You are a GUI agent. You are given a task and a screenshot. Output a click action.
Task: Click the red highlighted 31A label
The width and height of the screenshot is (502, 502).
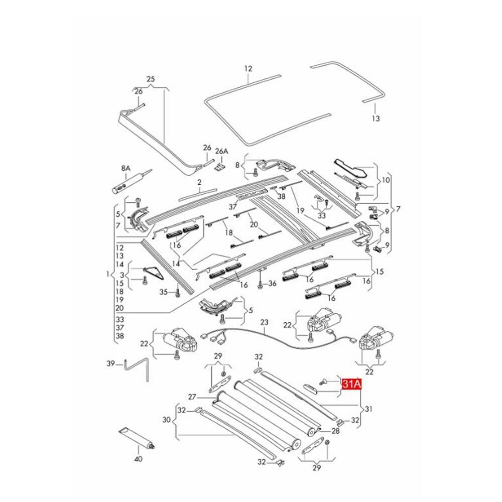[x=351, y=385]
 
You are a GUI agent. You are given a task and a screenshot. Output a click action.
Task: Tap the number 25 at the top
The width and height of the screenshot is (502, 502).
[x=151, y=79]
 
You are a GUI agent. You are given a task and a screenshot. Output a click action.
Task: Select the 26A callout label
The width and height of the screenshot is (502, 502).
[x=221, y=151]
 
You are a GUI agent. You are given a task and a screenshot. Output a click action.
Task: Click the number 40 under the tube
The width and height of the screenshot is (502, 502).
[x=139, y=459]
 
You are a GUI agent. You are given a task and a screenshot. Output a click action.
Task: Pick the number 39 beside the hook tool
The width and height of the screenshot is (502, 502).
[x=111, y=363]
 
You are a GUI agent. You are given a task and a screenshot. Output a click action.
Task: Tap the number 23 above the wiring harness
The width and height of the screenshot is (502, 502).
[x=265, y=322]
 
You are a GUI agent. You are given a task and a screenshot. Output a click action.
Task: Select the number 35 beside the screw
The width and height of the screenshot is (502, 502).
[x=164, y=292]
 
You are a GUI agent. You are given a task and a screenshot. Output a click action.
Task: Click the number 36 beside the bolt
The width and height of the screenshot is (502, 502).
[x=272, y=284]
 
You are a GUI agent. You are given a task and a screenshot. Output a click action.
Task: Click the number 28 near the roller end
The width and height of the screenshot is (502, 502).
[x=336, y=431]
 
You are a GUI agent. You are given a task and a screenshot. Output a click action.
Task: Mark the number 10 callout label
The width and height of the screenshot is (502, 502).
[x=386, y=180]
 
